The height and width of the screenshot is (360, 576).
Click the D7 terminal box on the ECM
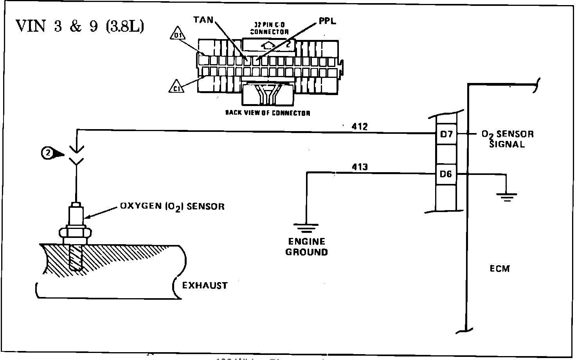(x=446, y=134)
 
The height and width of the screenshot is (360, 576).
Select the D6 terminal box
(x=446, y=174)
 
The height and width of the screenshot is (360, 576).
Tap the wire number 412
(x=360, y=127)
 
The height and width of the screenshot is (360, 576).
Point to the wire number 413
(x=360, y=167)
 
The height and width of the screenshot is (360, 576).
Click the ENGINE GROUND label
(x=306, y=247)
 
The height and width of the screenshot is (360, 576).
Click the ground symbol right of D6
(x=508, y=196)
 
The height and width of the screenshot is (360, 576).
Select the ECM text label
(x=500, y=269)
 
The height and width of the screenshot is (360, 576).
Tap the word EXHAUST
(x=205, y=286)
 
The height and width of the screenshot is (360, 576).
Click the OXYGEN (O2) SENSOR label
(x=172, y=206)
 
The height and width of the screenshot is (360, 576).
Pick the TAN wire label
(x=203, y=19)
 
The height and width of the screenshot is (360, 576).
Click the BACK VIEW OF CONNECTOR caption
(x=268, y=113)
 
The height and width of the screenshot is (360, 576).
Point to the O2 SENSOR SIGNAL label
(x=507, y=139)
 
